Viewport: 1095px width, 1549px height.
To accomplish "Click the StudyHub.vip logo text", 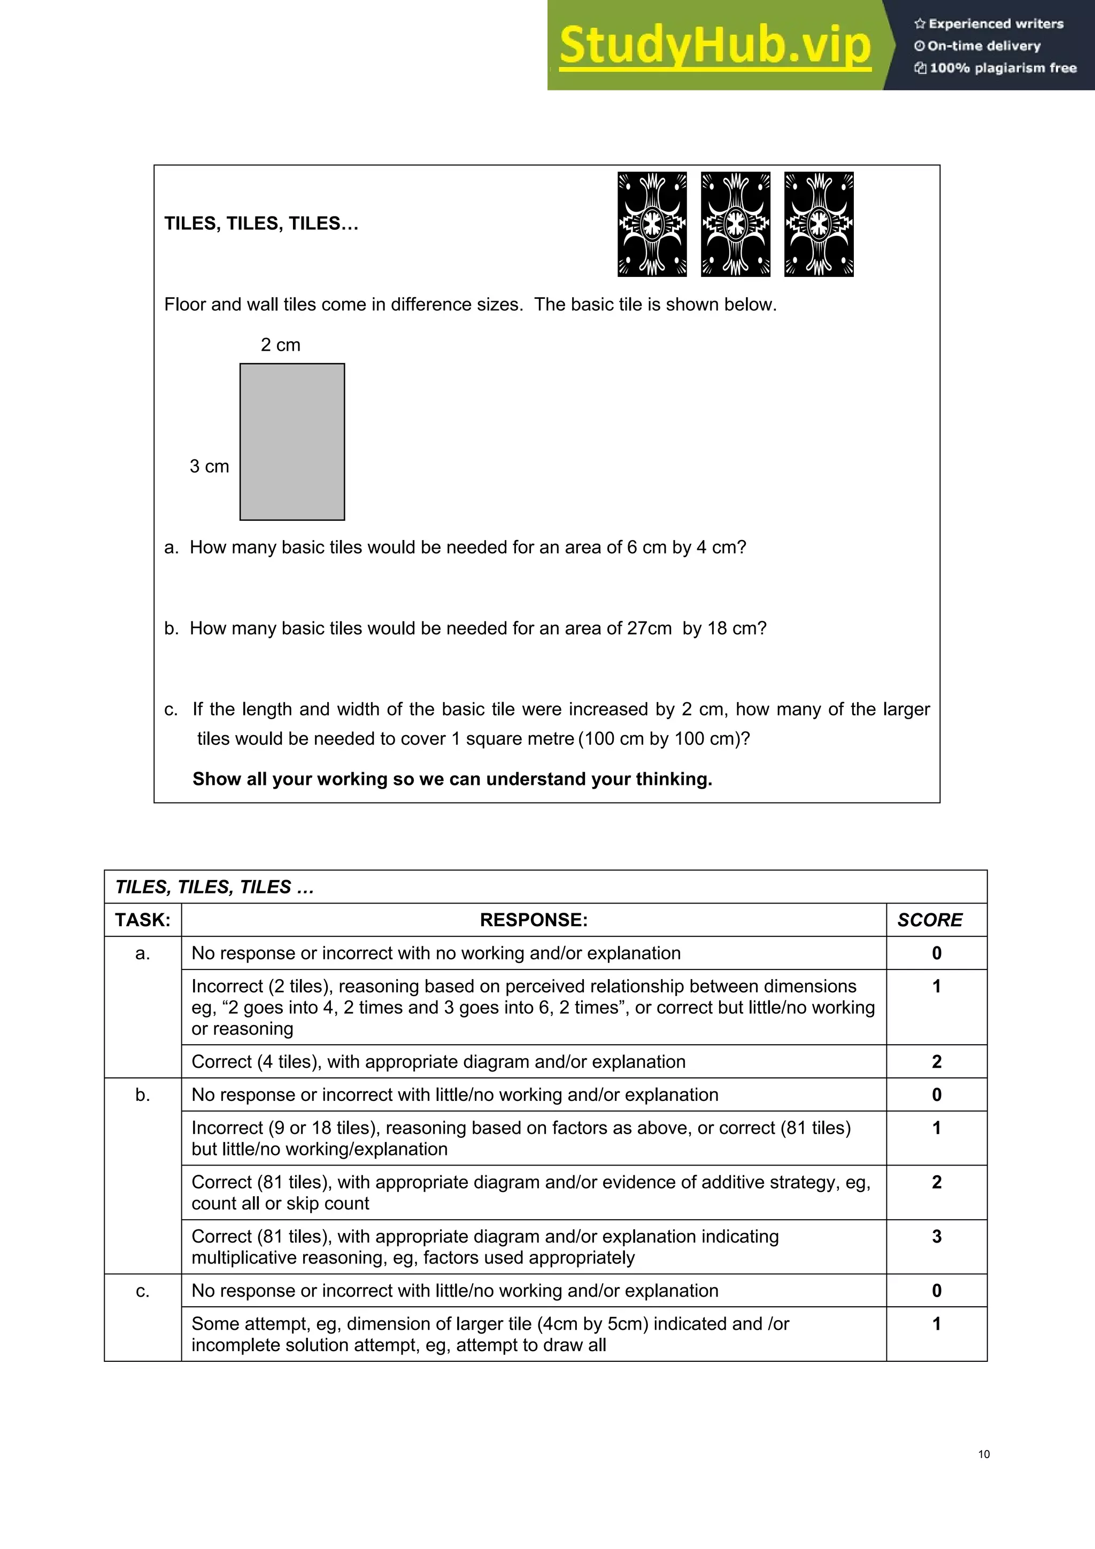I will [715, 46].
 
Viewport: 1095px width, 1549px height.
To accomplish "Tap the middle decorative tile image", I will [735, 224].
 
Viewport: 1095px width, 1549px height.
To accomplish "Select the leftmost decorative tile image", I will [652, 224].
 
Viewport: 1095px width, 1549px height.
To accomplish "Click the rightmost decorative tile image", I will [819, 224].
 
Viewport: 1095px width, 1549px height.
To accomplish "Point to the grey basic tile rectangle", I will [292, 442].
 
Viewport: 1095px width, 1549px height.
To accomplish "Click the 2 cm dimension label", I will [281, 345].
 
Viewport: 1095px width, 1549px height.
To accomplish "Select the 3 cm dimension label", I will [209, 466].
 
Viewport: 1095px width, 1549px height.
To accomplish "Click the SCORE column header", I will [930, 920].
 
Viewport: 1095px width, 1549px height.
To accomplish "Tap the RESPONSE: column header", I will [534, 920].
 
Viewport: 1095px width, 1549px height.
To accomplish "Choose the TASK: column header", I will [142, 920].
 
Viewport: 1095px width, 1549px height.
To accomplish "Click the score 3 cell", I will [936, 1236].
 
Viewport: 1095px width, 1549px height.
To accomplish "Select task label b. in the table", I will [142, 1095].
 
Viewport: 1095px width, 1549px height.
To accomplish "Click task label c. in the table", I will [142, 1291].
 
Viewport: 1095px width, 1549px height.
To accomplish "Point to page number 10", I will [984, 1454].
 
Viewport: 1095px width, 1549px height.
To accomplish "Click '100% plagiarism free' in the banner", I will [1003, 68].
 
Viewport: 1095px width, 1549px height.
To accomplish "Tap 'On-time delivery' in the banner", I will [984, 46].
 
